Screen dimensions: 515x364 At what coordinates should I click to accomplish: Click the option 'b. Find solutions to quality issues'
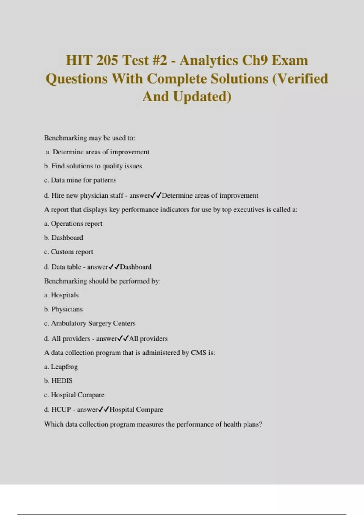(x=93, y=166)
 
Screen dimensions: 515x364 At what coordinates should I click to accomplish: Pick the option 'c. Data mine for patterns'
(x=80, y=180)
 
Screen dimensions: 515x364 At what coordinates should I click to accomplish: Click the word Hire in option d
(x=58, y=195)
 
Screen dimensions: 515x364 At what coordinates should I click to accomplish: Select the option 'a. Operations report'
(x=73, y=224)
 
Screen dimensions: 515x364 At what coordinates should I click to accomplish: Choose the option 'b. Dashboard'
(x=63, y=238)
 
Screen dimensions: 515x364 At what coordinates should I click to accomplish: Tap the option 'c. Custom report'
(x=69, y=252)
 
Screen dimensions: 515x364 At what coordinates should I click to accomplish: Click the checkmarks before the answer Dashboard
(x=114, y=267)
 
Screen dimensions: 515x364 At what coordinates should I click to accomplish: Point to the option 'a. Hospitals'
(x=61, y=295)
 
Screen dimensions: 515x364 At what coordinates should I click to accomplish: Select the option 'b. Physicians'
(x=63, y=309)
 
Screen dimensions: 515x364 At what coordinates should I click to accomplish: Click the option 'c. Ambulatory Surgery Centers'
(x=90, y=323)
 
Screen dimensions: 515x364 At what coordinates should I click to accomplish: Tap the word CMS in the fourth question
(x=198, y=353)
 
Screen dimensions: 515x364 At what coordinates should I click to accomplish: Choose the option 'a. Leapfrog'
(x=61, y=367)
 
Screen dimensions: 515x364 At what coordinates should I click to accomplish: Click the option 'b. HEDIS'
(x=58, y=381)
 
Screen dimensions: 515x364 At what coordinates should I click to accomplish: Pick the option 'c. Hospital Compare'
(x=74, y=395)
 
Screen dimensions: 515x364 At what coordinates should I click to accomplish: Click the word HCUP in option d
(x=61, y=410)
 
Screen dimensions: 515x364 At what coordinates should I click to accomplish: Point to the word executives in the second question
(x=249, y=210)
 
